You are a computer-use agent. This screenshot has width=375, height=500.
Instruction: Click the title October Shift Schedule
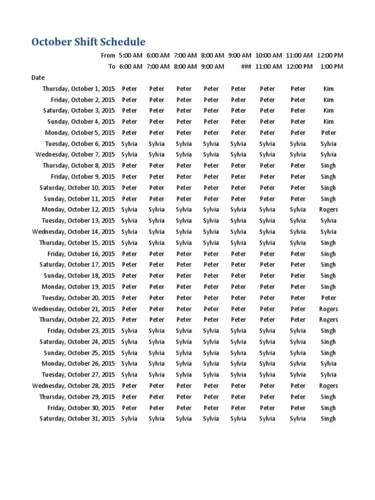[x=88, y=42]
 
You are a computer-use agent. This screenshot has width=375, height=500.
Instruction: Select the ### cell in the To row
[x=246, y=66]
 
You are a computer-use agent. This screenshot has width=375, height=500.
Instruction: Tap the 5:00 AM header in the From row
[x=130, y=56]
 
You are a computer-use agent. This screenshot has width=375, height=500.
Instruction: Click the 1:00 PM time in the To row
[x=332, y=66]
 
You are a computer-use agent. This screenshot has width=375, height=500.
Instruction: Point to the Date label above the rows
[x=38, y=78]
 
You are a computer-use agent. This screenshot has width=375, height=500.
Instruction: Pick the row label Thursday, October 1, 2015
[x=79, y=89]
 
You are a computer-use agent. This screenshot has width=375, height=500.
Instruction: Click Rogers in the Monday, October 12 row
[x=328, y=209]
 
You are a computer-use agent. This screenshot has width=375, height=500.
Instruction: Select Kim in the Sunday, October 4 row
[x=329, y=122]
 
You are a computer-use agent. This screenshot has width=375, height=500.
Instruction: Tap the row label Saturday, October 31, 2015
[x=77, y=418]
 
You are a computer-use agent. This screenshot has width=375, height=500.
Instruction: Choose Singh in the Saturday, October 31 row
[x=328, y=418]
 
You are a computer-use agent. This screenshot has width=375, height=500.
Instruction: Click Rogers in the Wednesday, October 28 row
[x=328, y=386]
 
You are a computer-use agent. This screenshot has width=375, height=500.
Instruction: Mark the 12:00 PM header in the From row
[x=330, y=56]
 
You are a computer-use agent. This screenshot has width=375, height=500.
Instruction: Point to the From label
[x=107, y=56]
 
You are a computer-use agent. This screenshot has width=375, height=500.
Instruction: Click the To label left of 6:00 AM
[x=112, y=66]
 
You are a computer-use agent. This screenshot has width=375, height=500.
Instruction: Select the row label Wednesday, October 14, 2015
[x=74, y=231]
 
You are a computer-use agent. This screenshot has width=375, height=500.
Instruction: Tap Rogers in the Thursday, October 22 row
[x=328, y=319]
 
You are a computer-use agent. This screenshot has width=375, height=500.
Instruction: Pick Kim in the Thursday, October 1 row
[x=329, y=89]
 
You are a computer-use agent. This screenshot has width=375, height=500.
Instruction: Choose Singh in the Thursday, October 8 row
[x=328, y=166]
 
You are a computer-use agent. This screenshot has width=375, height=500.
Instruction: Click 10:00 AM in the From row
[x=268, y=56]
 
